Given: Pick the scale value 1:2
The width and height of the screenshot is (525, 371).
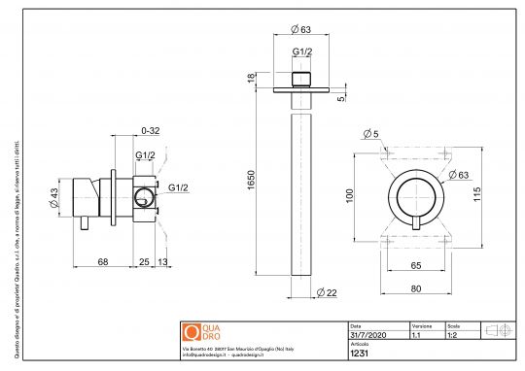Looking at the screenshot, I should (x=453, y=334).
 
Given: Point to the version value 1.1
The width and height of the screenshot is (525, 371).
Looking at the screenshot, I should (x=416, y=334).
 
